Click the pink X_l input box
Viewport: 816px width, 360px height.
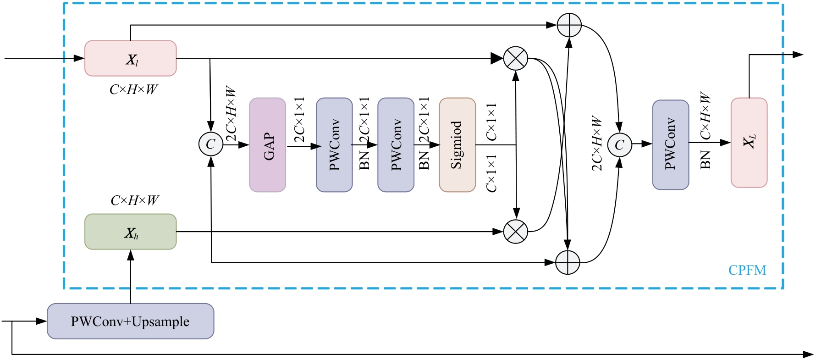tap(131, 58)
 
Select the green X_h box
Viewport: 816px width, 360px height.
tap(131, 232)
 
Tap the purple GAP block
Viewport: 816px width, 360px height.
tap(268, 145)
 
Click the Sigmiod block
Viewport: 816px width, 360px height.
tap(457, 145)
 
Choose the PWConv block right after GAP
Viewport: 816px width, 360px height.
tap(334, 145)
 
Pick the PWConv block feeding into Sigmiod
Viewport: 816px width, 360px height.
tap(396, 145)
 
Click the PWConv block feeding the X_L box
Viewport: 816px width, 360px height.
tap(670, 145)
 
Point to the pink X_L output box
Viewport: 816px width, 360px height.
tap(749, 143)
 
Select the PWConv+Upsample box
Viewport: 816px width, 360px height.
tap(131, 321)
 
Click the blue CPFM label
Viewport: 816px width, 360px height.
tap(747, 270)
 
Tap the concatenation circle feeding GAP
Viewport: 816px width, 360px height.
tap(211, 144)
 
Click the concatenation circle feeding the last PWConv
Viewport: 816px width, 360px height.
tap(619, 144)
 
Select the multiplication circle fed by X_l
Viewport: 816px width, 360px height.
tap(516, 59)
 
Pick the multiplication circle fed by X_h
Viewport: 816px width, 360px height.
tap(516, 232)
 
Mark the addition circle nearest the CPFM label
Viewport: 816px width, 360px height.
tap(568, 262)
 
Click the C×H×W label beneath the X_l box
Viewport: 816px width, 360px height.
tap(133, 89)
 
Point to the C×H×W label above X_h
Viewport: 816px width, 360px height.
tap(134, 200)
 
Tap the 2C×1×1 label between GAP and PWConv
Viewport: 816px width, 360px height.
tap(299, 120)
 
